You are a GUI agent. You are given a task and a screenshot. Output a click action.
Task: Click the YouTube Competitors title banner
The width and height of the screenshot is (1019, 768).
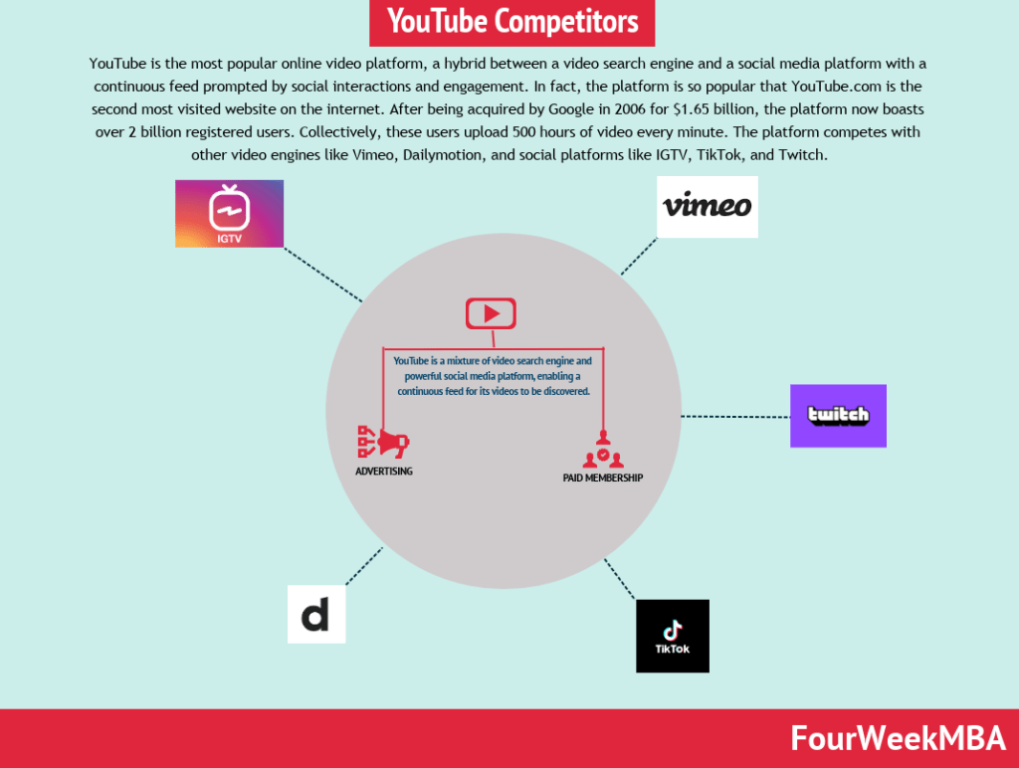coord(512,21)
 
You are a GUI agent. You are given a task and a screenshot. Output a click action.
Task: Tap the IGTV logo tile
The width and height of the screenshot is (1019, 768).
coord(229,213)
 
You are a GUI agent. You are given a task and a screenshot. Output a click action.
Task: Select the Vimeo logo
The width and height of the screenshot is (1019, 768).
coord(708,207)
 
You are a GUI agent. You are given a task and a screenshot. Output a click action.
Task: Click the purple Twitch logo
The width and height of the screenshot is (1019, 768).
coord(838,416)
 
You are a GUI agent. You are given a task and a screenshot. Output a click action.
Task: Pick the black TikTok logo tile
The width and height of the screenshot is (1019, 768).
coord(673,636)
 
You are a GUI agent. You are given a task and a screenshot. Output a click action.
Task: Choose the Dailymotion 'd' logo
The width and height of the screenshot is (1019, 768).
coord(315,614)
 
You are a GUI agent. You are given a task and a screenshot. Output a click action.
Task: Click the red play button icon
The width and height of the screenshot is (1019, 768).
coord(491,313)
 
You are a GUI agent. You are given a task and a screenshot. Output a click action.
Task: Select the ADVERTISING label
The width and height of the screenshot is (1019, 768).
coord(384,472)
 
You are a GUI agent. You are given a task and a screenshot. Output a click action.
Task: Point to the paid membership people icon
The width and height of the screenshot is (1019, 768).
coord(602,451)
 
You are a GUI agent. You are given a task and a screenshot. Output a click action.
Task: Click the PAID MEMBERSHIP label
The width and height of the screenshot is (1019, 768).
coord(602,479)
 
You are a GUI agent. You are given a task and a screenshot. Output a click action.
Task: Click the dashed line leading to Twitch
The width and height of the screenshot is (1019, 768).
coord(734,416)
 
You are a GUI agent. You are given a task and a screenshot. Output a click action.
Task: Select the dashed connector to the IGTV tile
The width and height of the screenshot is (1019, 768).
coord(322,274)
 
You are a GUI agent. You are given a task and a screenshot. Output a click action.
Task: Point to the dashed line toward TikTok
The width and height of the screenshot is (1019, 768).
coord(620,579)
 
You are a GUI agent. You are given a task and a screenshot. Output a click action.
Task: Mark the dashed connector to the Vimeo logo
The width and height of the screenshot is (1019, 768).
coord(640,256)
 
